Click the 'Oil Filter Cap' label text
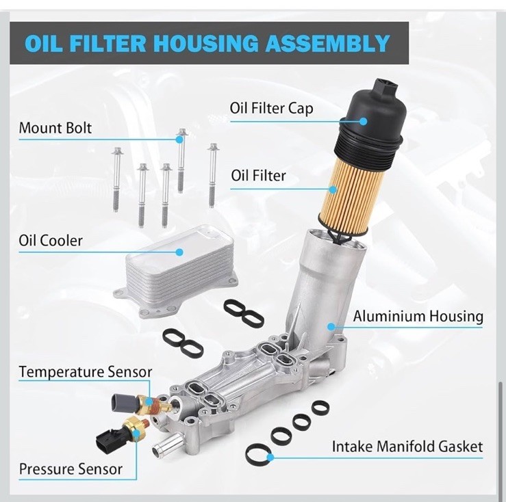click(271, 108)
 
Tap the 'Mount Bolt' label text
click(55, 128)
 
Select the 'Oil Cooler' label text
click(51, 241)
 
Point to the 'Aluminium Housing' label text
click(418, 316)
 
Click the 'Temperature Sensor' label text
click(85, 372)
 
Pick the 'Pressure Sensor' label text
click(71, 469)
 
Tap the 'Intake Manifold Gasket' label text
click(407, 447)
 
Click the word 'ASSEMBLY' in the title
click(328, 43)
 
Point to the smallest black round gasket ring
click(320, 408)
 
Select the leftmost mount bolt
click(116, 179)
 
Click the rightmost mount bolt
click(212, 175)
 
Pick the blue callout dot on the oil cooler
click(180, 252)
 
